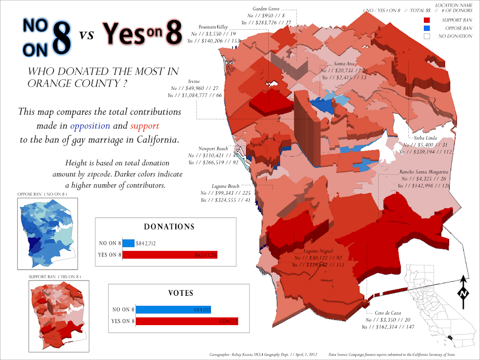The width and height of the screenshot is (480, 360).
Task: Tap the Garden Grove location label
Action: click(266, 9)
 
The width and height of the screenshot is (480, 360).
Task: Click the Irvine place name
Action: click(194, 81)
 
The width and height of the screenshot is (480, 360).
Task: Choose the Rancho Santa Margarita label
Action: click(424, 172)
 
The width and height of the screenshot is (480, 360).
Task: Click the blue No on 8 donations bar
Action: click(128, 243)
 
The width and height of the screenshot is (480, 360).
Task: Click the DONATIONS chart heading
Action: click(169, 227)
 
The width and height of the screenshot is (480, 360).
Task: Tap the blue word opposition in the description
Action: click(90, 125)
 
